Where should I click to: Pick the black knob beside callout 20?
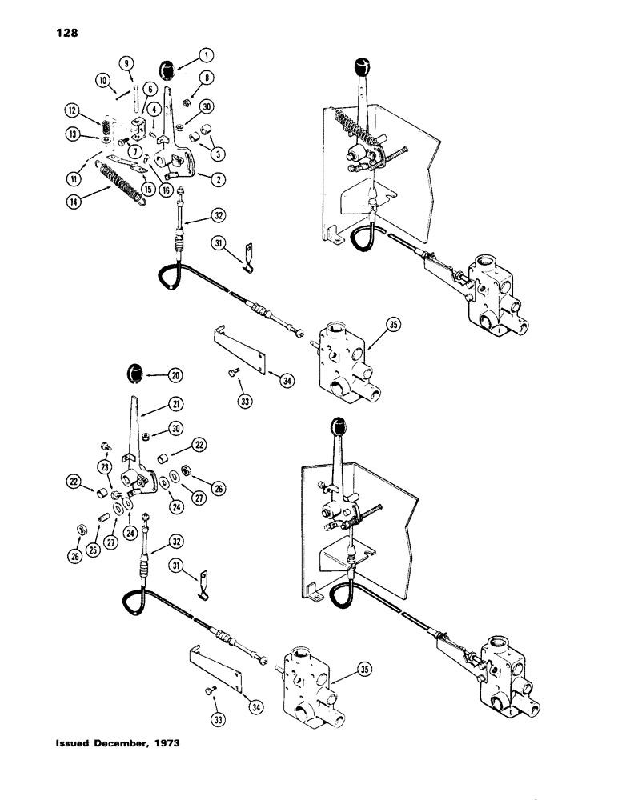coord(134,374)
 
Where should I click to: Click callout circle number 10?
coord(102,80)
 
